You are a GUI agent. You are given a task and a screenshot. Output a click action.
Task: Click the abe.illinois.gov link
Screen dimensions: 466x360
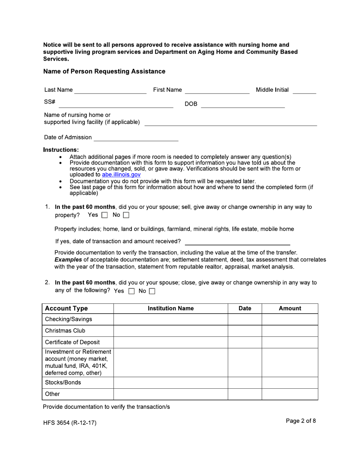click(121, 175)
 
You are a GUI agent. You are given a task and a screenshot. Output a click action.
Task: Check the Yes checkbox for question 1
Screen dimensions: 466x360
click(105, 215)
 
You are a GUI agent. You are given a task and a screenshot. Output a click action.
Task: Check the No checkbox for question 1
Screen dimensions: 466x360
click(126, 215)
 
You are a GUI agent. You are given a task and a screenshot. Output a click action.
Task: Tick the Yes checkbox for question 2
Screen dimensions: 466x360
click(131, 291)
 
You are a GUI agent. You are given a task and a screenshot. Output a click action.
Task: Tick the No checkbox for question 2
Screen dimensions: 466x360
click(152, 291)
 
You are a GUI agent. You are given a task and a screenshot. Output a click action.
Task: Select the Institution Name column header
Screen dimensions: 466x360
click(171, 308)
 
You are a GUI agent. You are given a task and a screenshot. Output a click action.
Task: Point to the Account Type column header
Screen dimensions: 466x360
click(66, 308)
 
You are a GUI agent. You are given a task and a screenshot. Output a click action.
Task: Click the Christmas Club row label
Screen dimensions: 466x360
click(65, 331)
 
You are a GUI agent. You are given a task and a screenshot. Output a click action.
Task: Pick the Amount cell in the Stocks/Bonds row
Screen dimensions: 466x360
click(290, 383)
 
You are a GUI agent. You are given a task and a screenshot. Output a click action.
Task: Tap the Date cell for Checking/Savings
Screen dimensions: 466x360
click(244, 319)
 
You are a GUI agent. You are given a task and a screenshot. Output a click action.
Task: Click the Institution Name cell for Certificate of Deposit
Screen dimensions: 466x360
click(171, 342)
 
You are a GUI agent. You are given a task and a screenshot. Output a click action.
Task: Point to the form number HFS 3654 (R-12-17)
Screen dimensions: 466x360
click(70, 423)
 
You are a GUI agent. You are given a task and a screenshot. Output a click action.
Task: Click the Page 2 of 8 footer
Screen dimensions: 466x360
click(301, 421)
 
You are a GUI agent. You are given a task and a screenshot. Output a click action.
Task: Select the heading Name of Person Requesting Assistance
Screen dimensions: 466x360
click(104, 72)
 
